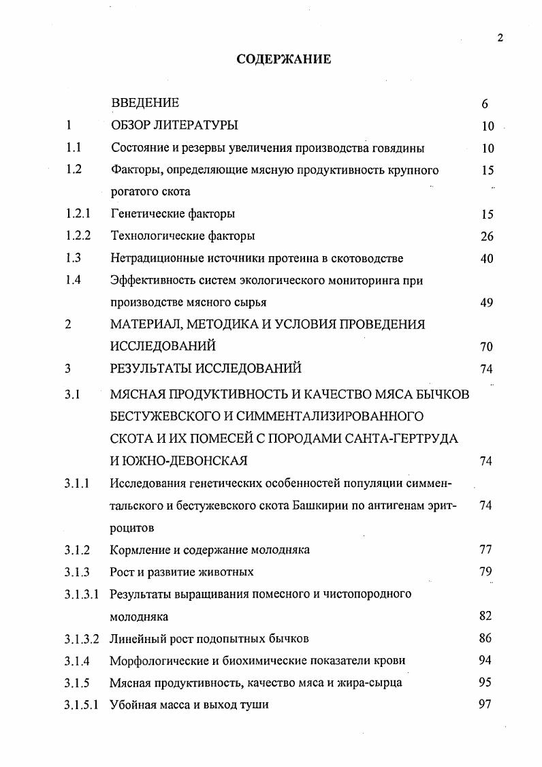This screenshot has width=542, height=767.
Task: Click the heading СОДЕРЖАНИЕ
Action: click(x=283, y=59)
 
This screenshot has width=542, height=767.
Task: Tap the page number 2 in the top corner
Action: click(x=500, y=37)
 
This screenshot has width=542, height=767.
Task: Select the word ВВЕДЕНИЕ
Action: click(x=145, y=104)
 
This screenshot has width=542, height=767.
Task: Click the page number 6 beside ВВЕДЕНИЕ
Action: click(x=485, y=104)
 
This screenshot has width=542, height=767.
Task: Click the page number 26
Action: click(x=486, y=236)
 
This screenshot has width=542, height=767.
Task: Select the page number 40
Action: click(x=486, y=259)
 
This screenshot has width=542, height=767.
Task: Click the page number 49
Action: click(x=486, y=303)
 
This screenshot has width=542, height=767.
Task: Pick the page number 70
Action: click(x=486, y=347)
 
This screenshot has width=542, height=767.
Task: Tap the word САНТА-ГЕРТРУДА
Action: click(x=403, y=439)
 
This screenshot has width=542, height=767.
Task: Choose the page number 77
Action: click(x=485, y=550)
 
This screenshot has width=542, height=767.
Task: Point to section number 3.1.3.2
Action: click(x=82, y=639)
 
